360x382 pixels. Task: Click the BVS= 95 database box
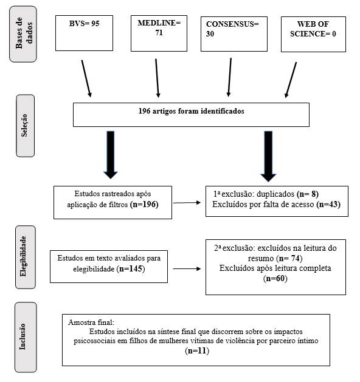pos(84,33)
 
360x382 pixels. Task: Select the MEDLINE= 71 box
pos(159,33)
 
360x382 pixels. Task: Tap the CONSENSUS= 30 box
pos(234,34)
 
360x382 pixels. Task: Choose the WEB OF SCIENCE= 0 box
pos(313,34)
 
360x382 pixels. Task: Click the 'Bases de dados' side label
pos(23,34)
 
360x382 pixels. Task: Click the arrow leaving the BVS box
pos(86,78)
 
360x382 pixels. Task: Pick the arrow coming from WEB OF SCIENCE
pos(291,80)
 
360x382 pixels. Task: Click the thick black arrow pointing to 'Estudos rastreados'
pos(111,155)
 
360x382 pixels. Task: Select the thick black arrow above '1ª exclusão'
pos(268,157)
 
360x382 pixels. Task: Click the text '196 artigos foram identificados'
pos(191,111)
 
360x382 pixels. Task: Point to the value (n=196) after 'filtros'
pos(144,204)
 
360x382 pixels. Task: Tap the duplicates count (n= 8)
pos(308,194)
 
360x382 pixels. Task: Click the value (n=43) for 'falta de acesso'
pos(328,204)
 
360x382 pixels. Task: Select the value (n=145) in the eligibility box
pos(131,268)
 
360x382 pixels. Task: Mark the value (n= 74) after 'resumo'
pos(289,258)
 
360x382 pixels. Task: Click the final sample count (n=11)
pos(197,351)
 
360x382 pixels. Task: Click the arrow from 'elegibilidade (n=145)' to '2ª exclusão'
pos(187,268)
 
